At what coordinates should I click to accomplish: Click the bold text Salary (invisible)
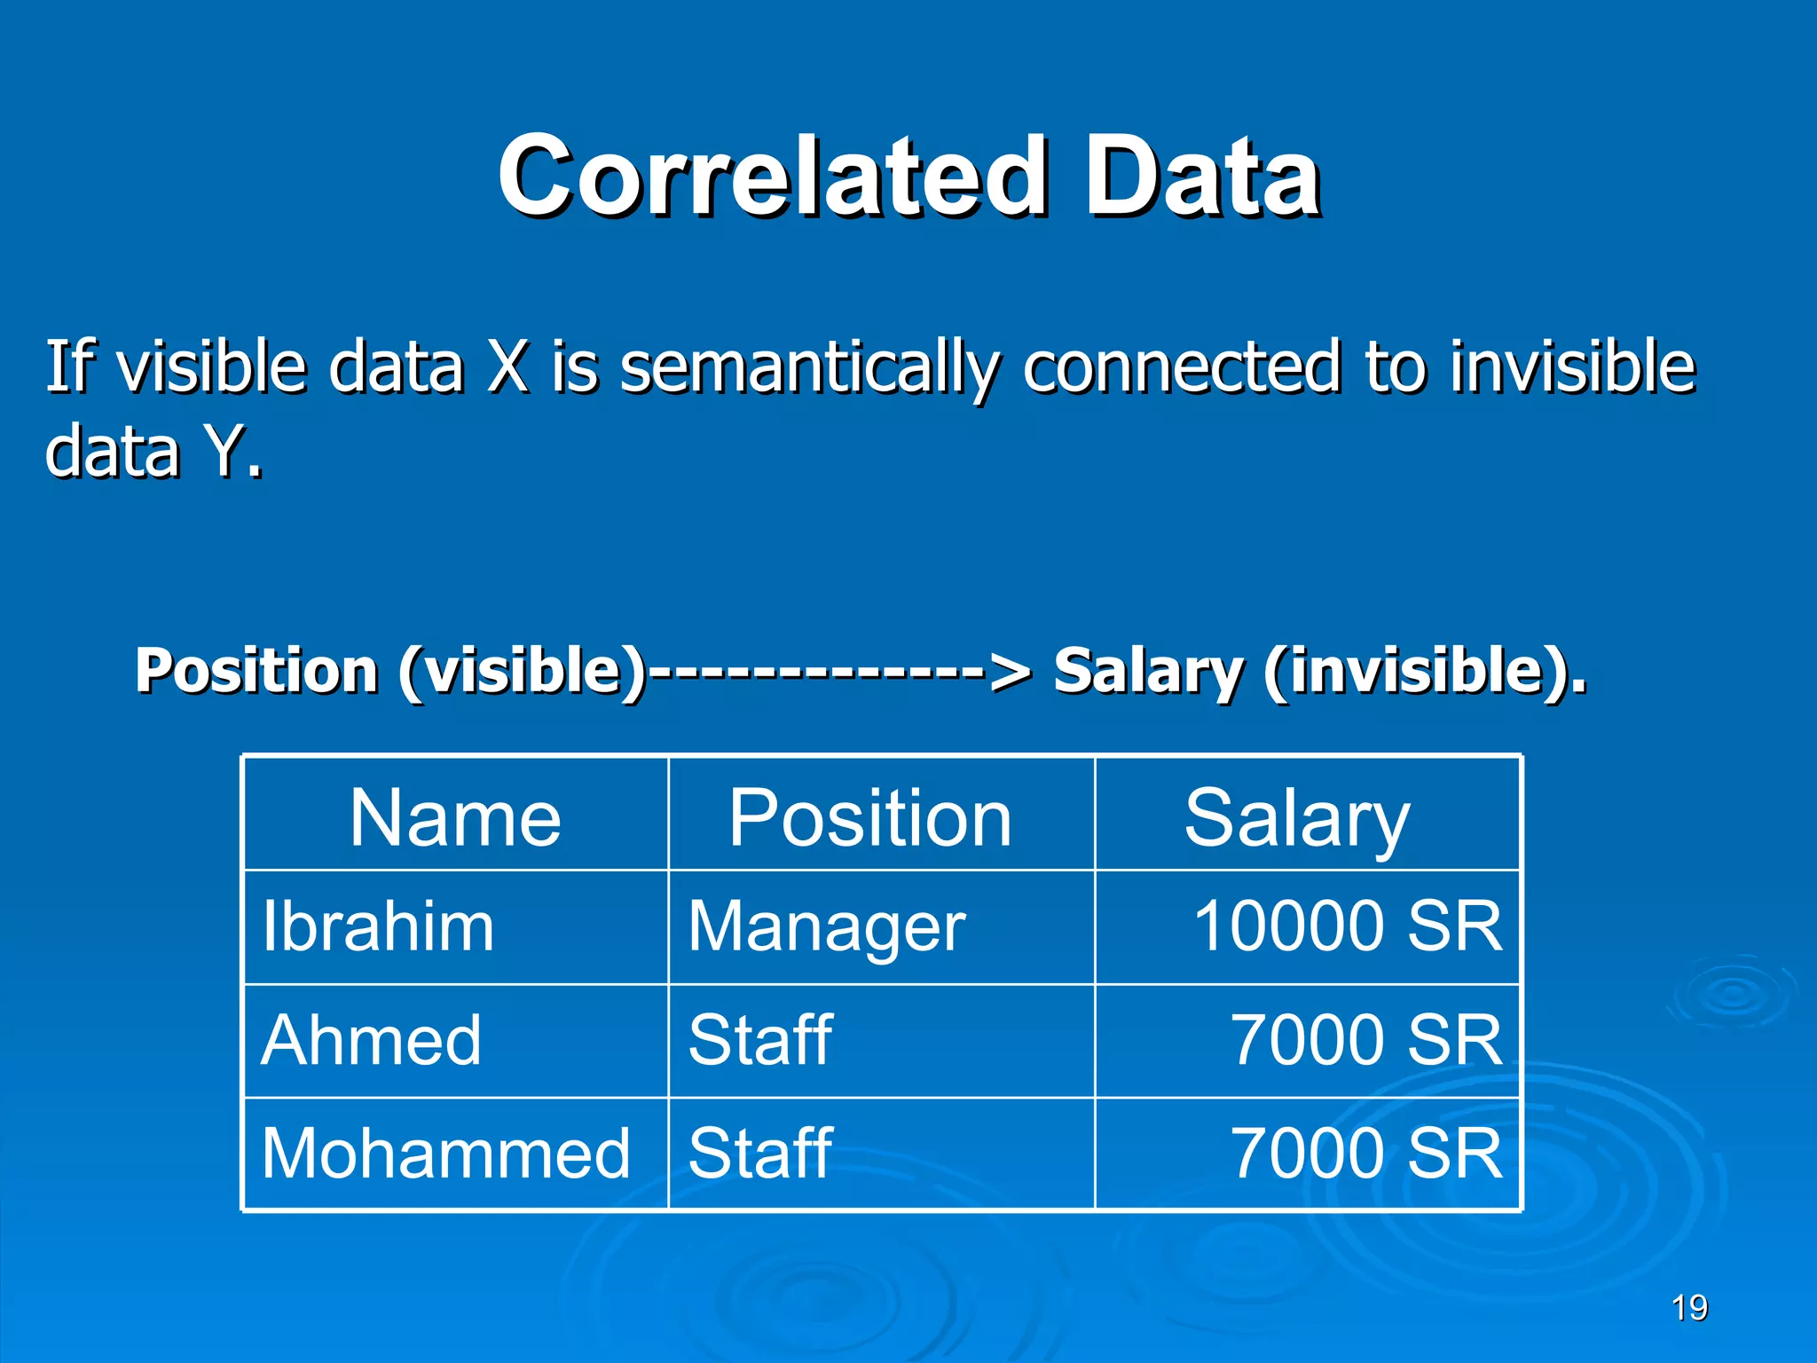pyautogui.click(x=1319, y=672)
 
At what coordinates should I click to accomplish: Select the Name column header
pyautogui.click(x=455, y=817)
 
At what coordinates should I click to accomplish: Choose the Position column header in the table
pyautogui.click(x=870, y=817)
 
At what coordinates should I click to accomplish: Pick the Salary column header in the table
pyautogui.click(x=1296, y=817)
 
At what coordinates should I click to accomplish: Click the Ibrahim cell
pyautogui.click(x=378, y=926)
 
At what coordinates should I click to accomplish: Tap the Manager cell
pyautogui.click(x=827, y=926)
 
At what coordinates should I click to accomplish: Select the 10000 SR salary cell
pyautogui.click(x=1348, y=926)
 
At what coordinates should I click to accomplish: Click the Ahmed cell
pyautogui.click(x=372, y=1040)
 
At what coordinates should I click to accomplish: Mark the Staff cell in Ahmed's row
pyautogui.click(x=760, y=1040)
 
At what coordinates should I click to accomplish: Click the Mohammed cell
pyautogui.click(x=445, y=1154)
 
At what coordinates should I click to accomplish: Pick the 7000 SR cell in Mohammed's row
pyautogui.click(x=1366, y=1154)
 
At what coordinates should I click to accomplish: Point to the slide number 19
pyautogui.click(x=1689, y=1308)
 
